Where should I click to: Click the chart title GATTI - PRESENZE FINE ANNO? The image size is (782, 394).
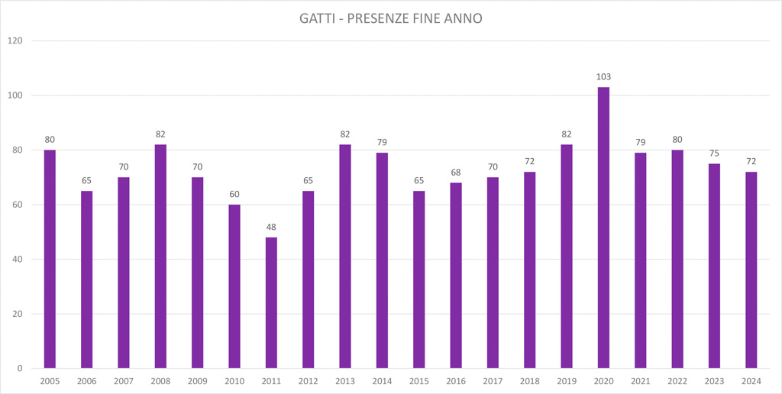390,18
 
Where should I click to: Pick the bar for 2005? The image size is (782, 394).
50,259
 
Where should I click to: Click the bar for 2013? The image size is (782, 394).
345,256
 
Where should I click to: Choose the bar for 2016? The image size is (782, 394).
456,275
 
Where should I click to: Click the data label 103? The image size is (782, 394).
603,77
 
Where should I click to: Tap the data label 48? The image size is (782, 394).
271,227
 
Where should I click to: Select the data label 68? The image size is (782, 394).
456,173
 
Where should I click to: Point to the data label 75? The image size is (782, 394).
714,153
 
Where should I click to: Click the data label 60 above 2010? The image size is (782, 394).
234,194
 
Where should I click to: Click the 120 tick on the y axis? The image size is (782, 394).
14,40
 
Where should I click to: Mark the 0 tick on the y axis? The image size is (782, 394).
20,368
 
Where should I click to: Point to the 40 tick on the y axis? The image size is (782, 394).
16,259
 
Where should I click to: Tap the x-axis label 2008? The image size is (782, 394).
160,381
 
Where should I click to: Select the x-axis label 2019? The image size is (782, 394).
567,381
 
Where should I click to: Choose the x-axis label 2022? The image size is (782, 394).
677,381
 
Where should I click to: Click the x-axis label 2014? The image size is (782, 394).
382,381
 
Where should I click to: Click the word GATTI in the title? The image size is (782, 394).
317,18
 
